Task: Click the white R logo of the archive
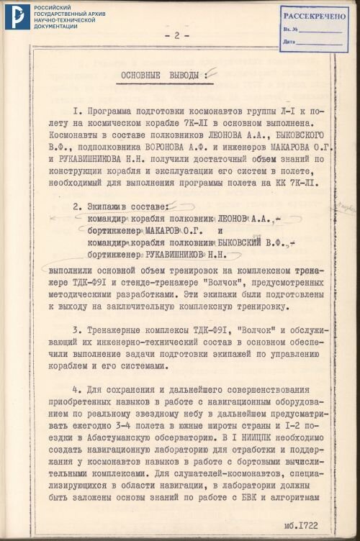16,17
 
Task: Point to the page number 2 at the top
177,35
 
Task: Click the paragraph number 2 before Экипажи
75,206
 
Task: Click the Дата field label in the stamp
289,42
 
